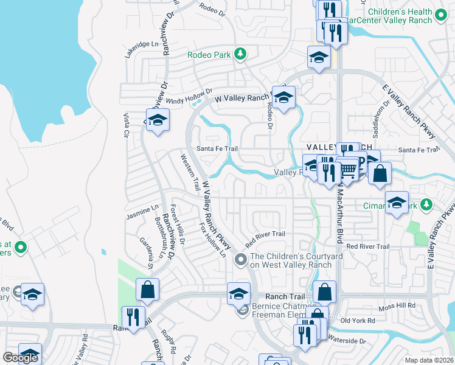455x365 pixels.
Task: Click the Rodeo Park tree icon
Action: point(241,54)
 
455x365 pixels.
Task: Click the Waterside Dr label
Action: point(346,340)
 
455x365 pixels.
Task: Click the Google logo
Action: point(20,358)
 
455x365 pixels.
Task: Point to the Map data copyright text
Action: point(428,360)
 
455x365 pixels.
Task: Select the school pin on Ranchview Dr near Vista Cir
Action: point(158,120)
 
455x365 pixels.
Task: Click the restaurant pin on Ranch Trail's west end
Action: point(132,318)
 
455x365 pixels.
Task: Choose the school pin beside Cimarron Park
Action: point(397,203)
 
